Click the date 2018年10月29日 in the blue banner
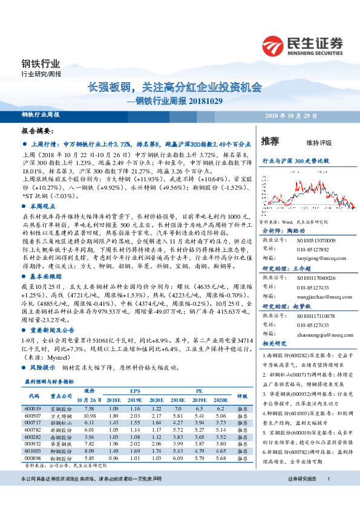pyautogui.click(x=291, y=115)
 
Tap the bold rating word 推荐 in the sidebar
pyautogui.click(x=270, y=141)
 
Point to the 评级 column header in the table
pyautogui.click(x=242, y=396)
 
